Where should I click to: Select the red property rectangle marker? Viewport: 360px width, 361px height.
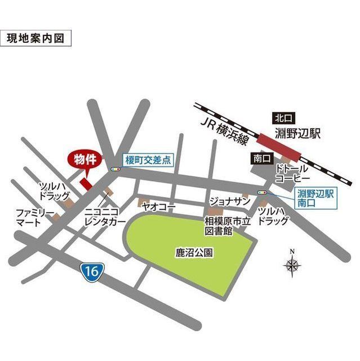point(86,184)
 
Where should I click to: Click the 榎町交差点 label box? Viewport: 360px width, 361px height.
point(147,160)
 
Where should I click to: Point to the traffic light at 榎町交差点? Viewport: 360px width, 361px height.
point(115,168)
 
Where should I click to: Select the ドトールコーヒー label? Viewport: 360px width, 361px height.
point(292,174)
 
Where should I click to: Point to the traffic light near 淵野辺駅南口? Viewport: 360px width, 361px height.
point(262,193)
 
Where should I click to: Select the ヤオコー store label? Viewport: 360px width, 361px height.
point(159,207)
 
